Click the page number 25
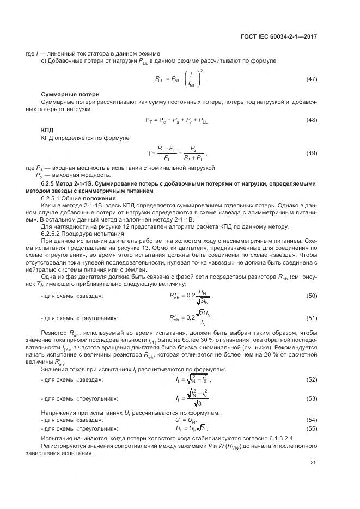313,463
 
